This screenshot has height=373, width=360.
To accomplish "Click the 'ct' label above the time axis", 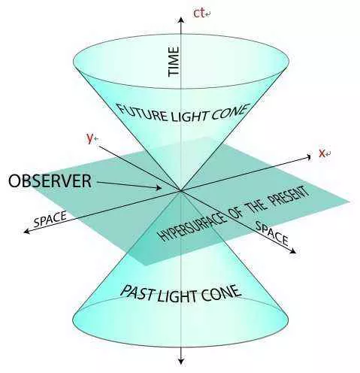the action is tap(199, 14).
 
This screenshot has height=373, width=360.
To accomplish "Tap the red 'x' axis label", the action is tap(322, 153).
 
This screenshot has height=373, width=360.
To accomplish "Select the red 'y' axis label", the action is tap(89, 138).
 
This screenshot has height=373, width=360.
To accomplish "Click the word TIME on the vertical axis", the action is tap(174, 62).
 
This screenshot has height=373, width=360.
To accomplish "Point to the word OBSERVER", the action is tap(50, 181).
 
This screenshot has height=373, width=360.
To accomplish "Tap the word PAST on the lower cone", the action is tap(138, 293).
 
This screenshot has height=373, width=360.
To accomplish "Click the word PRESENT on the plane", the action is tap(288, 197).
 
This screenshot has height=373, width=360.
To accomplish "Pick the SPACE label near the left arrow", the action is tap(50, 220).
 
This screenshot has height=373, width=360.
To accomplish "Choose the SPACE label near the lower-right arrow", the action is tap(272, 234).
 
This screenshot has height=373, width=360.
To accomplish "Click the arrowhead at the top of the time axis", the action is tap(181, 20).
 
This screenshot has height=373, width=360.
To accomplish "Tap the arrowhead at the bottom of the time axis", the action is tap(181, 362).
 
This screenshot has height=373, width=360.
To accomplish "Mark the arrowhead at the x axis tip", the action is tap(308, 157).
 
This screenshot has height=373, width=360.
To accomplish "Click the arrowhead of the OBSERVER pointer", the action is tap(159, 187).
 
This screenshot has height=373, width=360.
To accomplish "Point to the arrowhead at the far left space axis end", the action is tap(27, 231).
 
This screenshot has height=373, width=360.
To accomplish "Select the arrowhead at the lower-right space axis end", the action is tap(293, 250).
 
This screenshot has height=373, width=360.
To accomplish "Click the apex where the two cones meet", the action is tap(181, 191).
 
